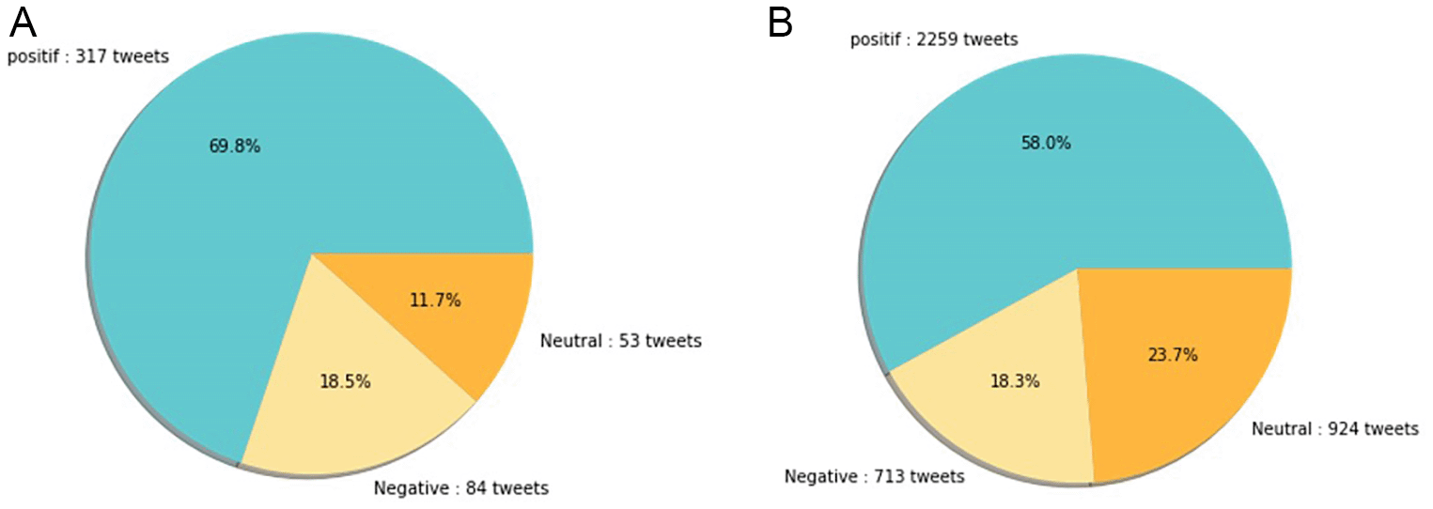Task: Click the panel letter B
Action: pos(781,23)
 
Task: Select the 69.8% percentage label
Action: pos(234,146)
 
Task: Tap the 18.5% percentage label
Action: pos(345,381)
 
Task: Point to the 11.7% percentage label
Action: pos(435,301)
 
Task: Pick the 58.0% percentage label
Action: pos(1046,143)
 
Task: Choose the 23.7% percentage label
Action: pos(1172,355)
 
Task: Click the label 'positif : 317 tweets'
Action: pos(88,56)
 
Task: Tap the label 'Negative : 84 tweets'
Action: pos(460,488)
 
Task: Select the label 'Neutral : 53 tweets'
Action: pos(620,341)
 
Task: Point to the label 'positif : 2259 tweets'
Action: pos(933,39)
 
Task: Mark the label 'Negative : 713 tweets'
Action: pos(874,477)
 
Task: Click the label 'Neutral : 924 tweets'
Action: pos(1334,429)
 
